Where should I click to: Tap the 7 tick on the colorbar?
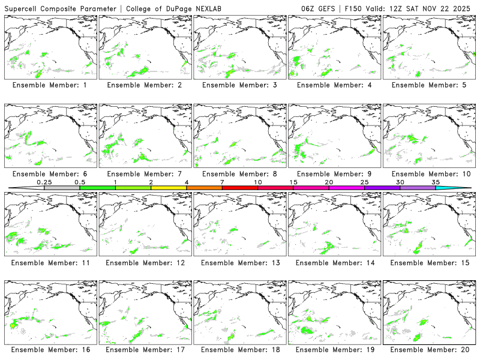(x=222, y=182)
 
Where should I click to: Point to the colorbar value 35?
(x=436, y=182)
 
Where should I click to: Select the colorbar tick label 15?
(x=293, y=182)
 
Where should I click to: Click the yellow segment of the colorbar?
(x=169, y=188)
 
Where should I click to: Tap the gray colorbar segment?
(x=62, y=188)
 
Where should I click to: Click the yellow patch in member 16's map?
(x=12, y=325)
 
